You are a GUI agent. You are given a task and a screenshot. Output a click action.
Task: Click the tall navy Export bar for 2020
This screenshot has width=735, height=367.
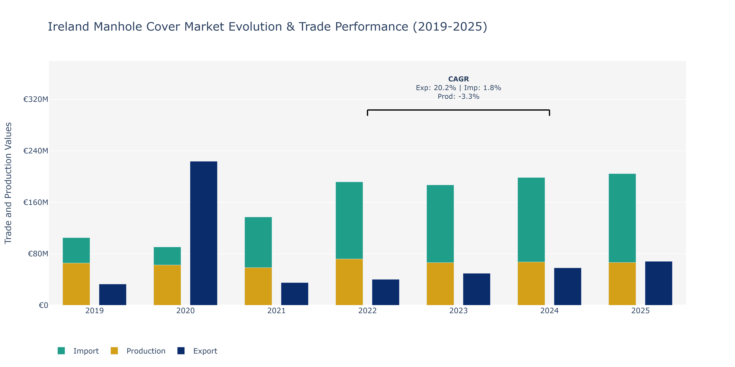click(204, 233)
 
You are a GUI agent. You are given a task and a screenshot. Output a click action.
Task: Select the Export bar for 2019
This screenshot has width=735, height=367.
click(112, 295)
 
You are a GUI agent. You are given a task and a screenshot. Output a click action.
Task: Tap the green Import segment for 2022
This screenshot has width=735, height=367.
click(349, 220)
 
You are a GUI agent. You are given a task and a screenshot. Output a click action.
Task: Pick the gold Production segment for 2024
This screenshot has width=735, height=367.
click(531, 284)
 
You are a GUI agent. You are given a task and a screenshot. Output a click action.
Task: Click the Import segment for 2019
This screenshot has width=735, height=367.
click(76, 250)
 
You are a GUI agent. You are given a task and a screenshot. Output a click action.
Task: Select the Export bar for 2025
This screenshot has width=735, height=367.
click(659, 283)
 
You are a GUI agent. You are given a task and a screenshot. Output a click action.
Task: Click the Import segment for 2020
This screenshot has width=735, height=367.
click(167, 256)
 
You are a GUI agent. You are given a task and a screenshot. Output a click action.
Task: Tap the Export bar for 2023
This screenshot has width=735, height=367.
click(477, 289)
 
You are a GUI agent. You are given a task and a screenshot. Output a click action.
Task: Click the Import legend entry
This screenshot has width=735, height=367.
click(78, 351)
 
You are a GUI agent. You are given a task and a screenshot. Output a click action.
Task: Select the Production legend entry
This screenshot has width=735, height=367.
click(138, 351)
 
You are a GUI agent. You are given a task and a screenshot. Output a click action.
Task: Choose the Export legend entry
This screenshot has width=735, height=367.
click(197, 351)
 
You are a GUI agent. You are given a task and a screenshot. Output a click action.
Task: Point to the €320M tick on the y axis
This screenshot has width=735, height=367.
click(36, 99)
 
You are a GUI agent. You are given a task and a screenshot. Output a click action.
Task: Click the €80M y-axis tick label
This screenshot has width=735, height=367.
click(38, 254)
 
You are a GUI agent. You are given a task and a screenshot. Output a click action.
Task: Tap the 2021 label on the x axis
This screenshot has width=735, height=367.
click(276, 311)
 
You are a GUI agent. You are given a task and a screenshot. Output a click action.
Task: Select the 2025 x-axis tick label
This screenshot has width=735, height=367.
click(640, 311)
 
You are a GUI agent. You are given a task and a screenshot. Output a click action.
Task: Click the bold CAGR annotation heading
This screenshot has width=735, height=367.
click(458, 79)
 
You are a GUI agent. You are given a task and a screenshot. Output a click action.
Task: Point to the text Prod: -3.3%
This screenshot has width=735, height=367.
click(458, 97)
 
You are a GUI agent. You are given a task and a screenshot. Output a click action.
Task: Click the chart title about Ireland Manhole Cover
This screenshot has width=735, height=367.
click(267, 26)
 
